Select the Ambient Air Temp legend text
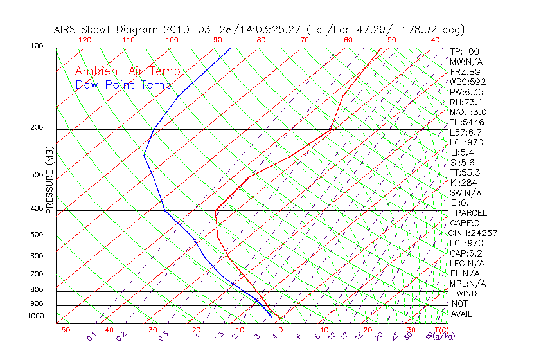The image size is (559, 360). point(127,72)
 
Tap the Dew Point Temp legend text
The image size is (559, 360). point(123,85)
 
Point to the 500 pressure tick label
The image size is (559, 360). point(37,235)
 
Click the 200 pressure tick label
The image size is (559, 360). point(37,127)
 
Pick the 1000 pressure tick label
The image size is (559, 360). point(35,316)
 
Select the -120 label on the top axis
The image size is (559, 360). point(82,40)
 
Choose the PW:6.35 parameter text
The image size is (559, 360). point(466,92)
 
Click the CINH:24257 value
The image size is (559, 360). point(474,233)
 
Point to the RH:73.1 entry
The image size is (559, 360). point(466,102)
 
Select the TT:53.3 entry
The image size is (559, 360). point(466,172)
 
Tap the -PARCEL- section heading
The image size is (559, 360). point(472,213)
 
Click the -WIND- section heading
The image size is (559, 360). point(468,293)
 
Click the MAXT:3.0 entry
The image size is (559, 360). point(468,112)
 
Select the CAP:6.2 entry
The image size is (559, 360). point(466,253)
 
